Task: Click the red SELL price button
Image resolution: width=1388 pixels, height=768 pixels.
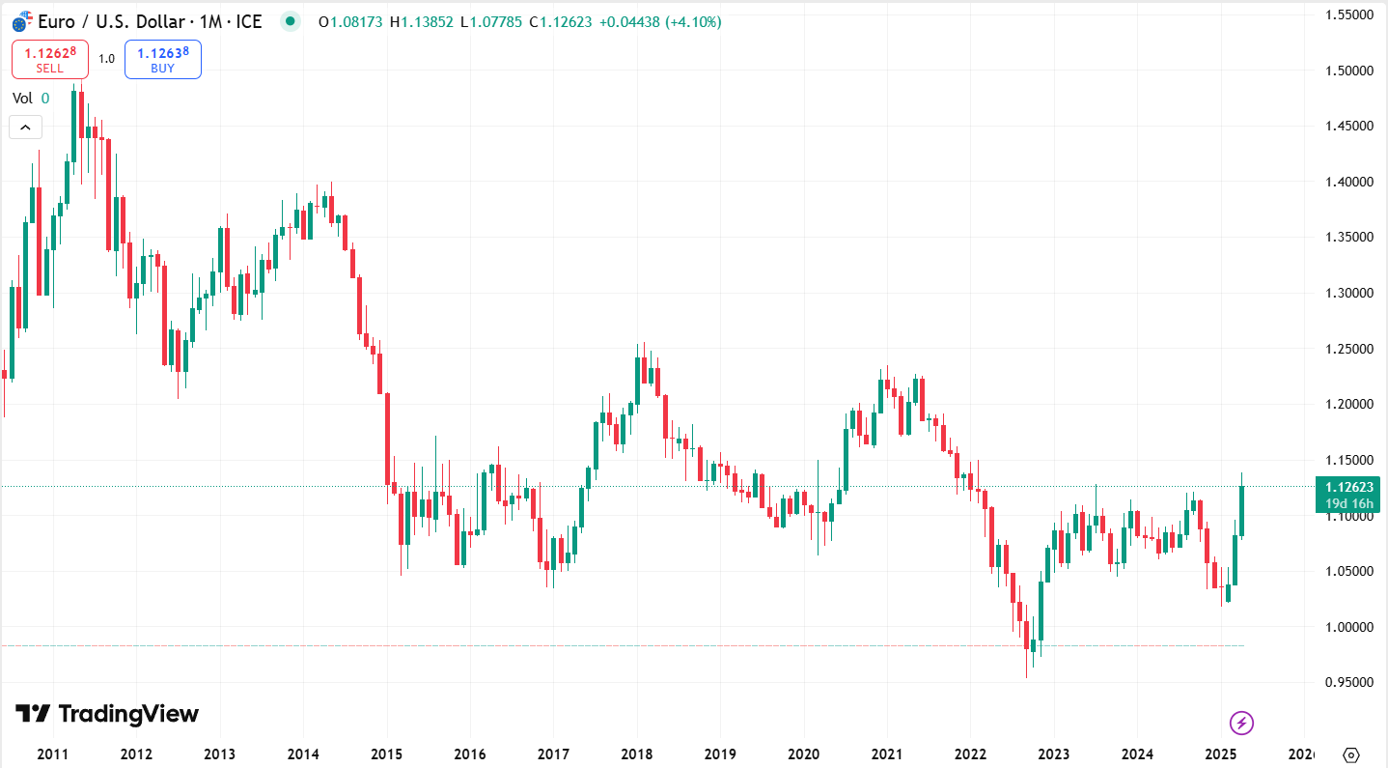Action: point(50,59)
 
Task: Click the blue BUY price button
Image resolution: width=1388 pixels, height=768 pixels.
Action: point(163,59)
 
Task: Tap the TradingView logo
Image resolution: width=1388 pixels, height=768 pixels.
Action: point(107,714)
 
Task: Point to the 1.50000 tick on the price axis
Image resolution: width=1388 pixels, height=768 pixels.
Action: point(1348,71)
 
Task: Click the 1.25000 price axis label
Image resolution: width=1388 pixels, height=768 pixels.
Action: point(1348,348)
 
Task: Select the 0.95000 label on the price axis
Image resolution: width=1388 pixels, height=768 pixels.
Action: point(1348,682)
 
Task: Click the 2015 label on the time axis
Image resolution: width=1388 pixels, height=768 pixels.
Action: point(387,754)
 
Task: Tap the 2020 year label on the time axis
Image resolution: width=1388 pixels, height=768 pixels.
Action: point(804,754)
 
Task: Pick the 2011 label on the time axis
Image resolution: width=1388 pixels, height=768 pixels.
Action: point(52,754)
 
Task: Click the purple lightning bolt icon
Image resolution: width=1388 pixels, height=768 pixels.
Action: point(1241,722)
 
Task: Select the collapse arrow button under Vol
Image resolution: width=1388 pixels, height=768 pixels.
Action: point(25,127)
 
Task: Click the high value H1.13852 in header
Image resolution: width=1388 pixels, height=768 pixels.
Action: point(421,21)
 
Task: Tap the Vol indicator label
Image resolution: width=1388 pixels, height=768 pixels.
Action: point(22,98)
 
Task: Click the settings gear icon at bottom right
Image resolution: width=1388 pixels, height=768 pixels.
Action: point(1351,754)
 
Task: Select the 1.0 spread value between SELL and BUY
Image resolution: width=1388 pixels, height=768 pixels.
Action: point(106,59)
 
